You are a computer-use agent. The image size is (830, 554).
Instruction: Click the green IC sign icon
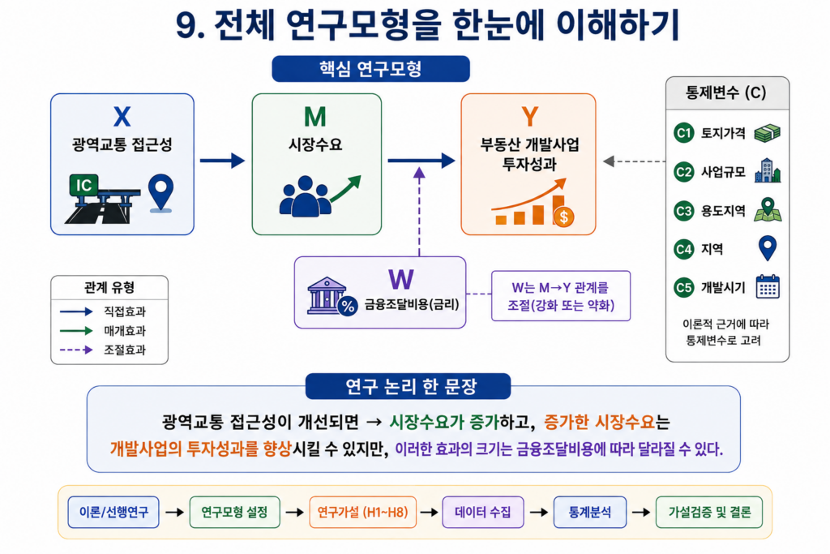[83, 186]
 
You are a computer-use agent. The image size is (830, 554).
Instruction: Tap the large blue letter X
[122, 117]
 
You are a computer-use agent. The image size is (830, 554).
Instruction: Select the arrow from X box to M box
[222, 161]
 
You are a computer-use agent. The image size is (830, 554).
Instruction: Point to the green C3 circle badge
[683, 211]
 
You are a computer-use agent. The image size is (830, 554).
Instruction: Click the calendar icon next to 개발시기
[768, 287]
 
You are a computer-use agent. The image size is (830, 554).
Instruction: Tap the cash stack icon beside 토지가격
[767, 133]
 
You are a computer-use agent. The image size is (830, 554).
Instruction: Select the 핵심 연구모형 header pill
[370, 69]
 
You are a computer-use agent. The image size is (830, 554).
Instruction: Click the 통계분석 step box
[590, 512]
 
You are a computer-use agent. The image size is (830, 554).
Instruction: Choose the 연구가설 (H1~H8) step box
[362, 512]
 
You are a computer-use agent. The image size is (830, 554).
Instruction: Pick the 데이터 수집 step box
[483, 512]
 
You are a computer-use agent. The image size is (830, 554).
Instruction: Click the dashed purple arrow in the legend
[76, 350]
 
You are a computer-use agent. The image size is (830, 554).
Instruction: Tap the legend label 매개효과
[124, 331]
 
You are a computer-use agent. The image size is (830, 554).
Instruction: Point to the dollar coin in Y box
[564, 216]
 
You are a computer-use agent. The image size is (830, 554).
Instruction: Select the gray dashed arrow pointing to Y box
[634, 161]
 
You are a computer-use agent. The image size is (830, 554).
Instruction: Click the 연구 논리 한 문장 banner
[409, 387]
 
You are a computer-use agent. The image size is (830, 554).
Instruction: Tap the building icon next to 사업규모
[768, 170]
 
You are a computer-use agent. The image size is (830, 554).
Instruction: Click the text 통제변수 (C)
[726, 92]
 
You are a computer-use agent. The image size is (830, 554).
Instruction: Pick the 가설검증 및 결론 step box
[709, 512]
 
